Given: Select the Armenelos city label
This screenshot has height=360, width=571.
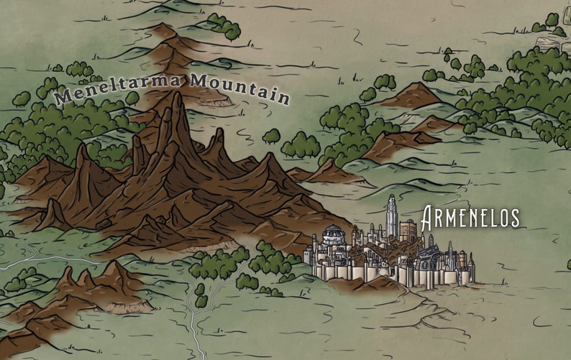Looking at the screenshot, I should click(x=470, y=217).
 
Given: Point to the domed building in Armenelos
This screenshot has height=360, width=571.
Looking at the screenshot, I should click(x=332, y=235).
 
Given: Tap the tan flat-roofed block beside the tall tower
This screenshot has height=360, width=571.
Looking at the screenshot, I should click(x=408, y=230).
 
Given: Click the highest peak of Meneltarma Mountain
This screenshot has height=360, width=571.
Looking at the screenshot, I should click(x=174, y=101).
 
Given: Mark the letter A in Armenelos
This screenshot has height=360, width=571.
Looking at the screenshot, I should click(x=429, y=217).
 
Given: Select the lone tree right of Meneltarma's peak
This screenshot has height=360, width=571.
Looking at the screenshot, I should click(x=271, y=136).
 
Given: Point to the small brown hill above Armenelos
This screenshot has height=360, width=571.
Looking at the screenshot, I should click(x=413, y=96).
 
